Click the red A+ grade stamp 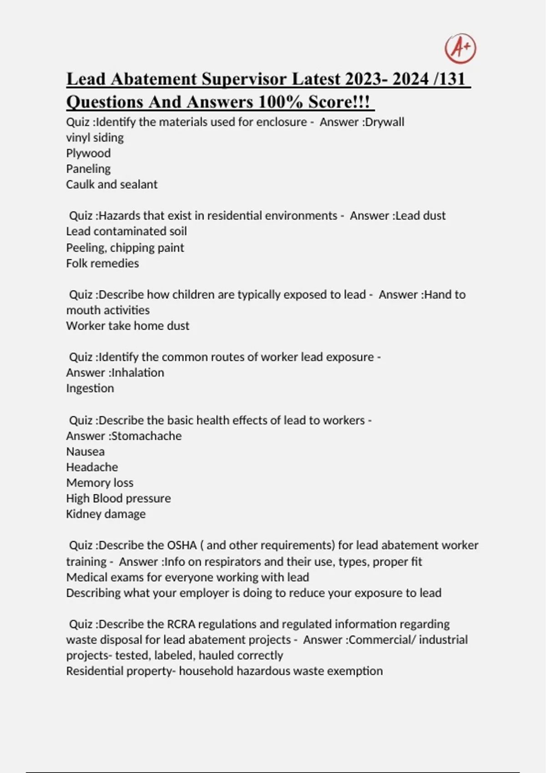pyautogui.click(x=460, y=48)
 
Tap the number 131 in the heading pyautogui.click(x=452, y=79)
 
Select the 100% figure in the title pyautogui.click(x=281, y=102)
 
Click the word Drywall pyautogui.click(x=384, y=122)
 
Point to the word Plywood pyautogui.click(x=88, y=153)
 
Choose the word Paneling pyautogui.click(x=88, y=169)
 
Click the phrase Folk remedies pyautogui.click(x=102, y=263)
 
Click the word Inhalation pyautogui.click(x=138, y=372)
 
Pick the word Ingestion pyautogui.click(x=90, y=388)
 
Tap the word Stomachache pyautogui.click(x=147, y=436)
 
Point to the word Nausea pyautogui.click(x=86, y=452)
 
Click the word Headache pyautogui.click(x=92, y=467)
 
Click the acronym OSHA pyautogui.click(x=182, y=545)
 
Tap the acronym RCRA pyautogui.click(x=181, y=624)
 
